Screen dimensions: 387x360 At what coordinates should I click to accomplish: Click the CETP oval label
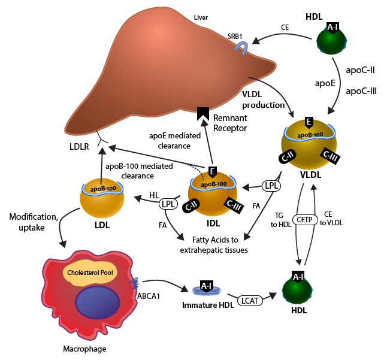pyautogui.click(x=305, y=220)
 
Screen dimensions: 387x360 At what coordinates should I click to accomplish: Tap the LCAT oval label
pyautogui.click(x=250, y=301)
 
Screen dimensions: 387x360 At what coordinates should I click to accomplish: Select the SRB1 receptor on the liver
pyautogui.click(x=241, y=48)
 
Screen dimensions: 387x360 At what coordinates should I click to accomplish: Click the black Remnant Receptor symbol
pyautogui.click(x=203, y=113)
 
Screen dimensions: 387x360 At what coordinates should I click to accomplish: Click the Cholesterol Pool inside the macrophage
pyautogui.click(x=90, y=273)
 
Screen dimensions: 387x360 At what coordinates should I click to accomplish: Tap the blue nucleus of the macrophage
pyautogui.click(x=98, y=302)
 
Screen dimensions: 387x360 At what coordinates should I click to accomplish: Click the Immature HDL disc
pyautogui.click(x=207, y=289)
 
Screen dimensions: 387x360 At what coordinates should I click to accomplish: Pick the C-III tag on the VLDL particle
pyautogui.click(x=331, y=156)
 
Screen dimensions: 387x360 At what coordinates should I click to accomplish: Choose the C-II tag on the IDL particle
pyautogui.click(x=191, y=205)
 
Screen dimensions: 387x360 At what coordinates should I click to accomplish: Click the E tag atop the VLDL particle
pyautogui.click(x=309, y=123)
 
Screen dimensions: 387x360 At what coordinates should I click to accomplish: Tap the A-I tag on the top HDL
pyautogui.click(x=332, y=28)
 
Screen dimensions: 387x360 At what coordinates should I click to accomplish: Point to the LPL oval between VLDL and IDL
pyautogui.click(x=271, y=186)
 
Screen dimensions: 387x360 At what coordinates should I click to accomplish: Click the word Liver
pyautogui.click(x=201, y=17)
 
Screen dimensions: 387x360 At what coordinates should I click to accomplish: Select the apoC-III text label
pyautogui.click(x=361, y=91)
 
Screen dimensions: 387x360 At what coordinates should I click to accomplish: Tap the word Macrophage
pyautogui.click(x=84, y=349)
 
